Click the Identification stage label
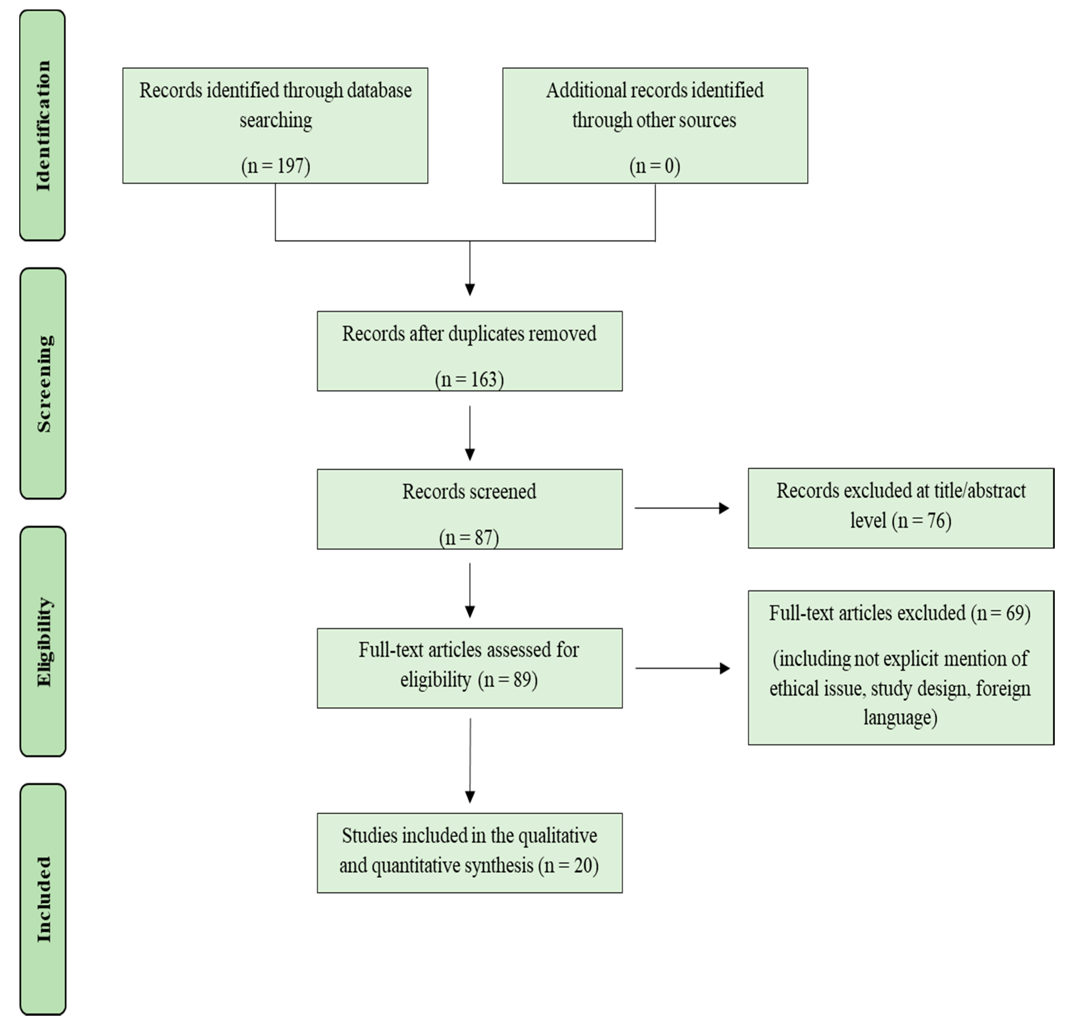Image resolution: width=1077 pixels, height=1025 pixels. point(43,126)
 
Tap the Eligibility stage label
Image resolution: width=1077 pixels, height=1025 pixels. point(44,642)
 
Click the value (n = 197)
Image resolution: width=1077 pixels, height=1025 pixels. point(276,166)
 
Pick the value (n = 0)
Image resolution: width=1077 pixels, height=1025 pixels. point(655,166)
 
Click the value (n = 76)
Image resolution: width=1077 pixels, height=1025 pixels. point(922,521)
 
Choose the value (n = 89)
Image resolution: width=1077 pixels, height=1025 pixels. point(508,680)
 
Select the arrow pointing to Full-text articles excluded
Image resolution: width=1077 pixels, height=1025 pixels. point(683,668)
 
